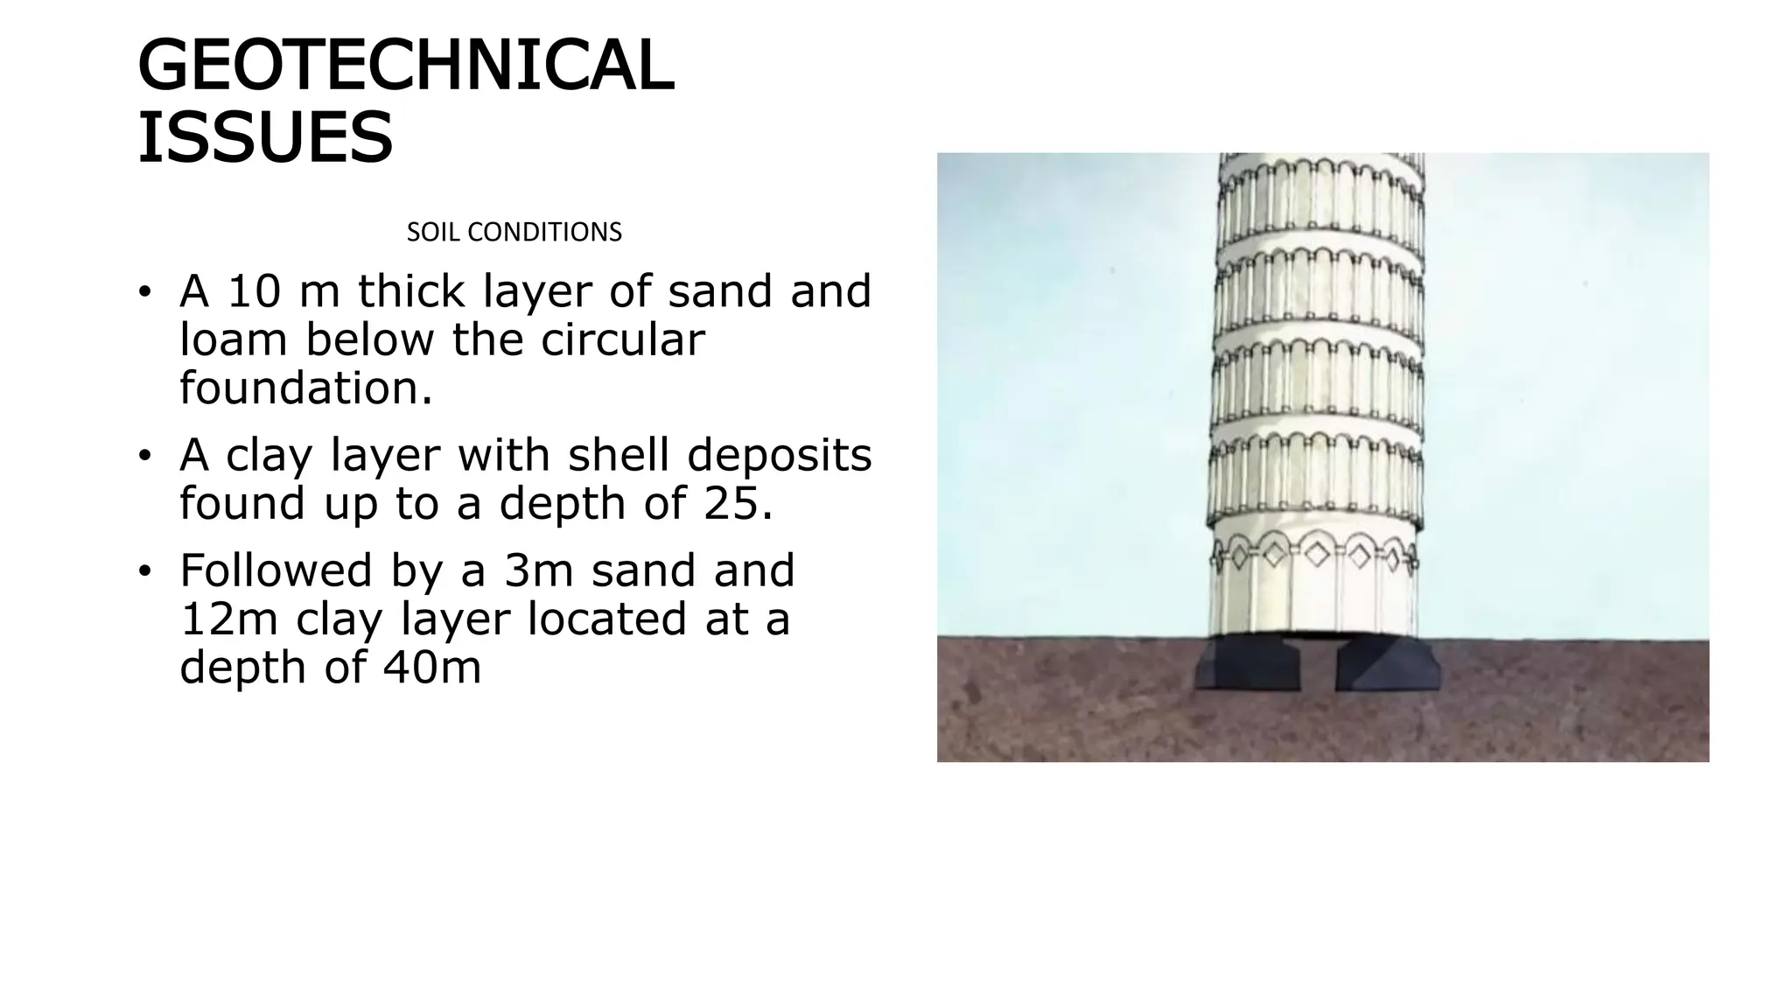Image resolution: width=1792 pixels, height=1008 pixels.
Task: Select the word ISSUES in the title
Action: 265,137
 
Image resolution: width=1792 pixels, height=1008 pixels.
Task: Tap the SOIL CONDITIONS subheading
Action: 514,232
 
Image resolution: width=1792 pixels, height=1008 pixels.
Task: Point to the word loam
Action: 234,339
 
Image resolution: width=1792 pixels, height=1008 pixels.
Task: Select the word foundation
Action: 306,388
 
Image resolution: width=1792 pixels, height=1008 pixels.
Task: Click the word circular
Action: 622,339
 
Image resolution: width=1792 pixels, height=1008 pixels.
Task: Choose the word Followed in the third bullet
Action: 276,570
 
